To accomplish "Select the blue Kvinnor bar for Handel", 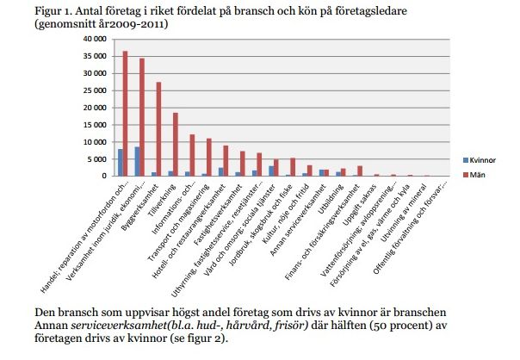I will coord(121,163).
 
